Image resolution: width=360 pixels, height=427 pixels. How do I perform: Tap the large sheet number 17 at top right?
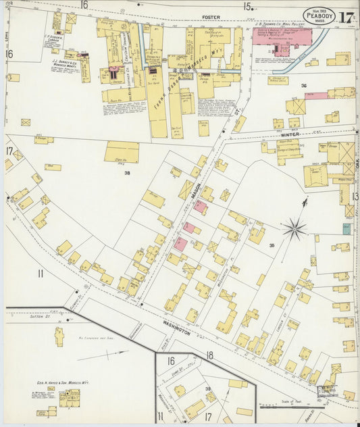[347, 16]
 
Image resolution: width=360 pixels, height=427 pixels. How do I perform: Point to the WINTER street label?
[290, 134]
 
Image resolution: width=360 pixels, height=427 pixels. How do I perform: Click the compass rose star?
[294, 230]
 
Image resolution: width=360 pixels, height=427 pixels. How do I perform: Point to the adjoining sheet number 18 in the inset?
[210, 355]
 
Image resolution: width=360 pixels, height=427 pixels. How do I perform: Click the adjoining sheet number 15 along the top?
[248, 7]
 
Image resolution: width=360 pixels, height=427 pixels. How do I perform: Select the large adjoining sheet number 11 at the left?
[41, 274]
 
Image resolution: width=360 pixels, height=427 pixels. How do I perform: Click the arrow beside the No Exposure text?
[111, 352]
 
